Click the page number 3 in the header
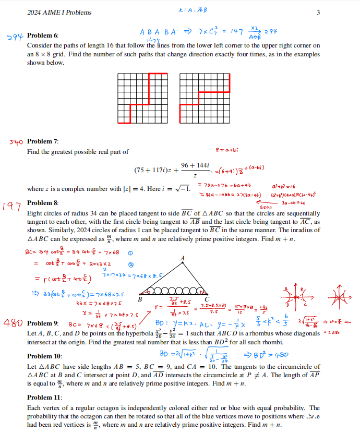(x=318, y=13)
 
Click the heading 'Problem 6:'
(x=43, y=35)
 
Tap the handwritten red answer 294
(x=16, y=37)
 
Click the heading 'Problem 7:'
(x=43, y=141)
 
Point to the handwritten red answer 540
(x=16, y=141)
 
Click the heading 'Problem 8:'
(x=43, y=202)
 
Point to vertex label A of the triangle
(x=182, y=258)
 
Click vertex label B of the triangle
(x=140, y=299)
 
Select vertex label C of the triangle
(x=207, y=298)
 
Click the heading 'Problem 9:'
(x=43, y=323)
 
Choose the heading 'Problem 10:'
(x=44, y=356)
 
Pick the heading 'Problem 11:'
(x=44, y=397)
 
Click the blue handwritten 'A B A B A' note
(x=158, y=31)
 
